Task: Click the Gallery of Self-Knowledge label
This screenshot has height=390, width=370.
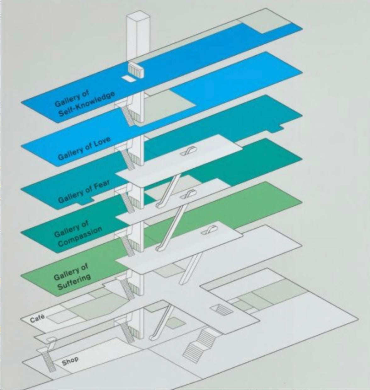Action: pyautogui.click(x=84, y=104)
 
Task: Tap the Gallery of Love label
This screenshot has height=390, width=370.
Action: pyautogui.click(x=84, y=148)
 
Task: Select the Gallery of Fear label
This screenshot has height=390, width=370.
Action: pyautogui.click(x=84, y=191)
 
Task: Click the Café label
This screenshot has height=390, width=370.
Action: pyautogui.click(x=37, y=320)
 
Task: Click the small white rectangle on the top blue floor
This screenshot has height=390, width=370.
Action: pyautogui.click(x=128, y=79)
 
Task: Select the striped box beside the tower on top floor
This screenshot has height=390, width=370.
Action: pyautogui.click(x=136, y=70)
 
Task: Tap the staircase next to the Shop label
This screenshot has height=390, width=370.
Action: pyautogui.click(x=48, y=362)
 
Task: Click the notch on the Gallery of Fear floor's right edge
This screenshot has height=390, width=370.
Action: pyautogui.click(x=281, y=128)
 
